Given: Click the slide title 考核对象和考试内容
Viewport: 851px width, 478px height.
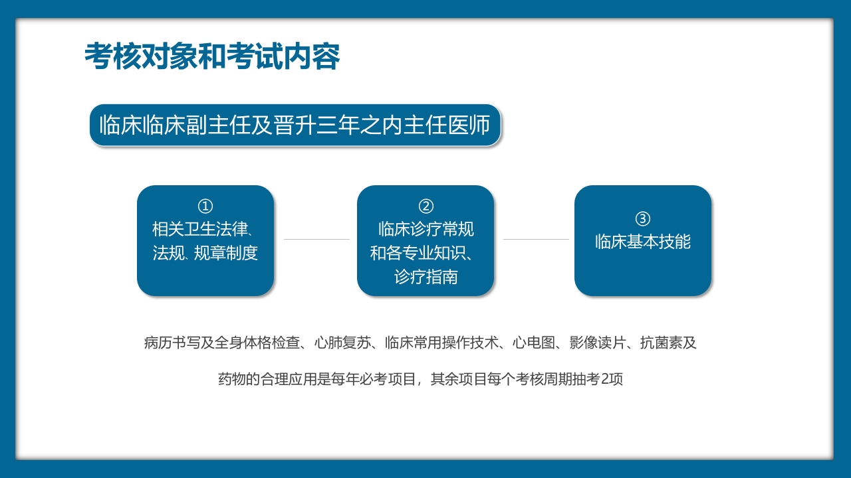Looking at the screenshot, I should [x=212, y=57].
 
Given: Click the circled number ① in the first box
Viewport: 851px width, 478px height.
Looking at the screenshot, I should [x=205, y=206].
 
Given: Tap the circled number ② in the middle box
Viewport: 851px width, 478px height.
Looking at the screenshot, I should [x=426, y=206].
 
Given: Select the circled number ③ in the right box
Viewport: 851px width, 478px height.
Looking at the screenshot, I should [x=643, y=218].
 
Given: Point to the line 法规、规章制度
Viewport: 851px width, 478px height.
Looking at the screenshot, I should [x=205, y=253].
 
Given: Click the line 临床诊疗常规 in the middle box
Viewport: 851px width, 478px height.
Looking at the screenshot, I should [x=426, y=230].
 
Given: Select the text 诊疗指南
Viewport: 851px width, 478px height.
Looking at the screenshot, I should [x=426, y=277].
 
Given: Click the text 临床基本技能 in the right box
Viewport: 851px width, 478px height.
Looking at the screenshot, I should [x=643, y=242].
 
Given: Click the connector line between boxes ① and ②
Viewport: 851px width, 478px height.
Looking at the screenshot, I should [x=316, y=239].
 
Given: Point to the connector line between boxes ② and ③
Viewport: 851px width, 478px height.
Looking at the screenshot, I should [x=536, y=239].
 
